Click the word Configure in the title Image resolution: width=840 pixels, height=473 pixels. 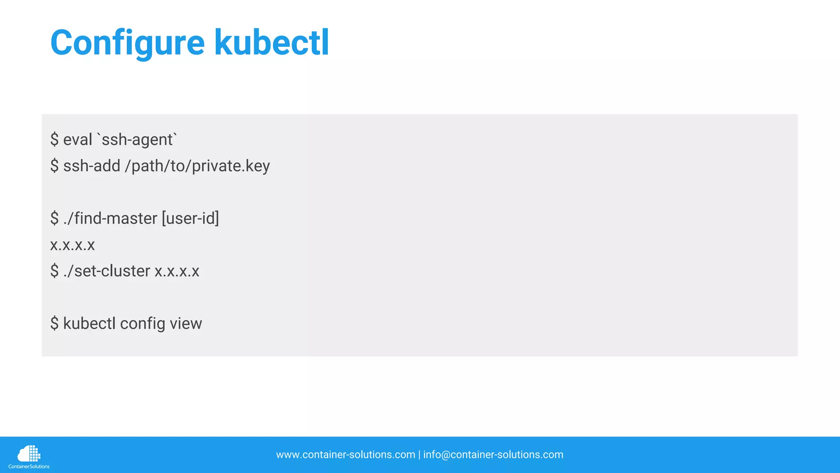(127, 43)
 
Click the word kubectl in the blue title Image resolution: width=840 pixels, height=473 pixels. (272, 43)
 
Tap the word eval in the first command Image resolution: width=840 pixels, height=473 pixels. (78, 140)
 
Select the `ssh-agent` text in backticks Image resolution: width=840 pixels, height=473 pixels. (137, 140)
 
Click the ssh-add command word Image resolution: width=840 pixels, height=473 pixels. (91, 166)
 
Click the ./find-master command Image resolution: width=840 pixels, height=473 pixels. (110, 218)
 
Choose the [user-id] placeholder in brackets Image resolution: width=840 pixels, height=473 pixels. (190, 218)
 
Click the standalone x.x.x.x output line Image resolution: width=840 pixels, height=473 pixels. (72, 245)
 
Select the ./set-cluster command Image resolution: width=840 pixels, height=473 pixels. (107, 271)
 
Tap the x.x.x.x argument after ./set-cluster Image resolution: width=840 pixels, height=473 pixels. (177, 271)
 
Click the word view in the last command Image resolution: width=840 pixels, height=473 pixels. (186, 324)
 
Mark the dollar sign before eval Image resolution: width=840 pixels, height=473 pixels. (55, 140)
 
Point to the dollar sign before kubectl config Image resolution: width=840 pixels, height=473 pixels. (55, 324)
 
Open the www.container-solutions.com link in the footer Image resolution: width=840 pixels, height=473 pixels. (345, 455)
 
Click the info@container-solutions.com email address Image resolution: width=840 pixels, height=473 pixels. (493, 455)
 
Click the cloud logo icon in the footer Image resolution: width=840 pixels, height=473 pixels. (29, 453)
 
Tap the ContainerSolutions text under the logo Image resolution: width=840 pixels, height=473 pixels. (29, 466)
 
